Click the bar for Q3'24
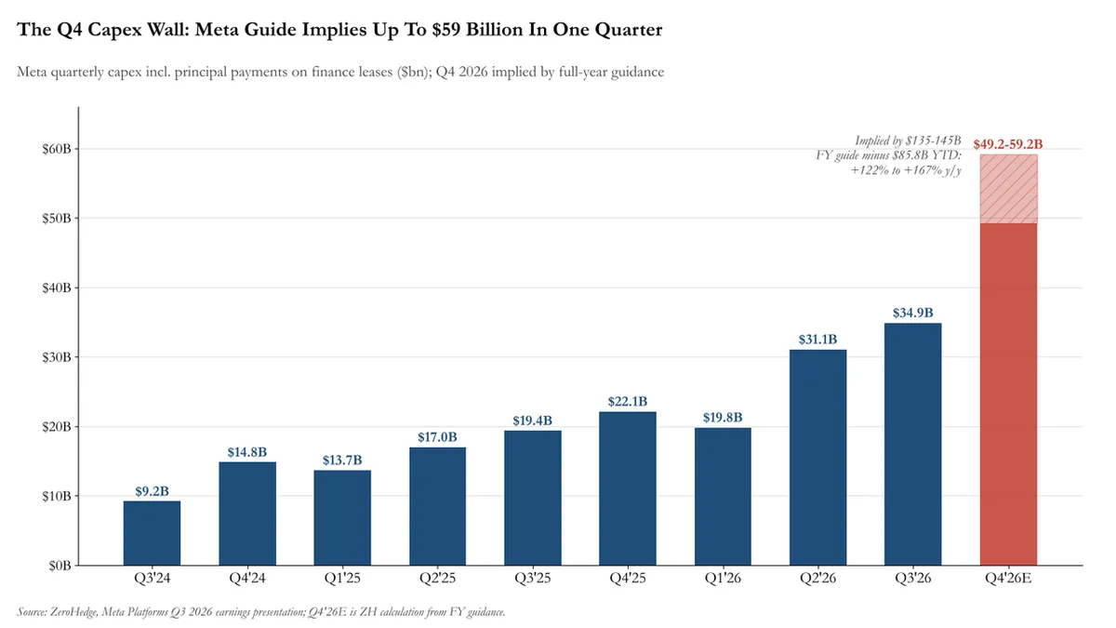(152, 533)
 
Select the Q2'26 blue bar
(817, 457)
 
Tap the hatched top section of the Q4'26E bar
(1008, 189)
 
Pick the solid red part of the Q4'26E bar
(1008, 394)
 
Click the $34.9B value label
(912, 313)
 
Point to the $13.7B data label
(342, 460)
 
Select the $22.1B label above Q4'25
(627, 401)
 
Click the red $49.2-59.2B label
(1008, 144)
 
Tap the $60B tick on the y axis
(57, 149)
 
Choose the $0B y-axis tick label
(60, 566)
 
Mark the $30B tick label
(57, 357)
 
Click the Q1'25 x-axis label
(342, 578)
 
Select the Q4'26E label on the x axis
(1008, 578)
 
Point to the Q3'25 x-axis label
(533, 578)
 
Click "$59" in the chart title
(446, 30)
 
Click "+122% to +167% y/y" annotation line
(906, 170)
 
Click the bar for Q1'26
(723, 497)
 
